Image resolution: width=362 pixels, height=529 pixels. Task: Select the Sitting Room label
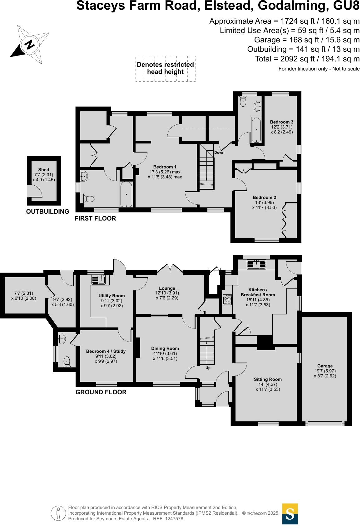click(x=268, y=379)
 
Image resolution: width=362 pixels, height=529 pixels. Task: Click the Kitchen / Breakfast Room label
click(x=258, y=292)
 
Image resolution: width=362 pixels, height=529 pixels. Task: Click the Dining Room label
click(x=165, y=348)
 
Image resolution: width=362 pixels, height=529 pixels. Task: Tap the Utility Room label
click(x=112, y=296)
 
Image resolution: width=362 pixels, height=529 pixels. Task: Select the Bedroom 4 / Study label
click(x=106, y=351)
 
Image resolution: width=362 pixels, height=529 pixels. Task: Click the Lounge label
click(x=167, y=288)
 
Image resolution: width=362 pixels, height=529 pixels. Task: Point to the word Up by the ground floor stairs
click(x=208, y=368)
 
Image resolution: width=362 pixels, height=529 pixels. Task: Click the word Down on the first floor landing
click(x=219, y=153)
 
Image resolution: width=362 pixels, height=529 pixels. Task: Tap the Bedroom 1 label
click(x=165, y=167)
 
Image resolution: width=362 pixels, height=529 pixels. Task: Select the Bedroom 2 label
click(x=264, y=197)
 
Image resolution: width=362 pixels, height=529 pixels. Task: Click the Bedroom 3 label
click(x=282, y=122)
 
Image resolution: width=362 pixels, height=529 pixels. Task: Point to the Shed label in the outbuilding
click(x=44, y=170)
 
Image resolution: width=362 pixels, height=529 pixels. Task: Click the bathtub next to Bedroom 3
click(x=256, y=130)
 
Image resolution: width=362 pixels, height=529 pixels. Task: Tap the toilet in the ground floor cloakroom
click(x=67, y=362)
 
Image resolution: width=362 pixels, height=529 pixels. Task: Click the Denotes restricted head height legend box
click(x=166, y=69)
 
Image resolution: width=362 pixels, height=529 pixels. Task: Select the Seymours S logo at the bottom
click(x=290, y=514)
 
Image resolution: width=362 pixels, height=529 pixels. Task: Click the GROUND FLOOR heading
click(x=101, y=392)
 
